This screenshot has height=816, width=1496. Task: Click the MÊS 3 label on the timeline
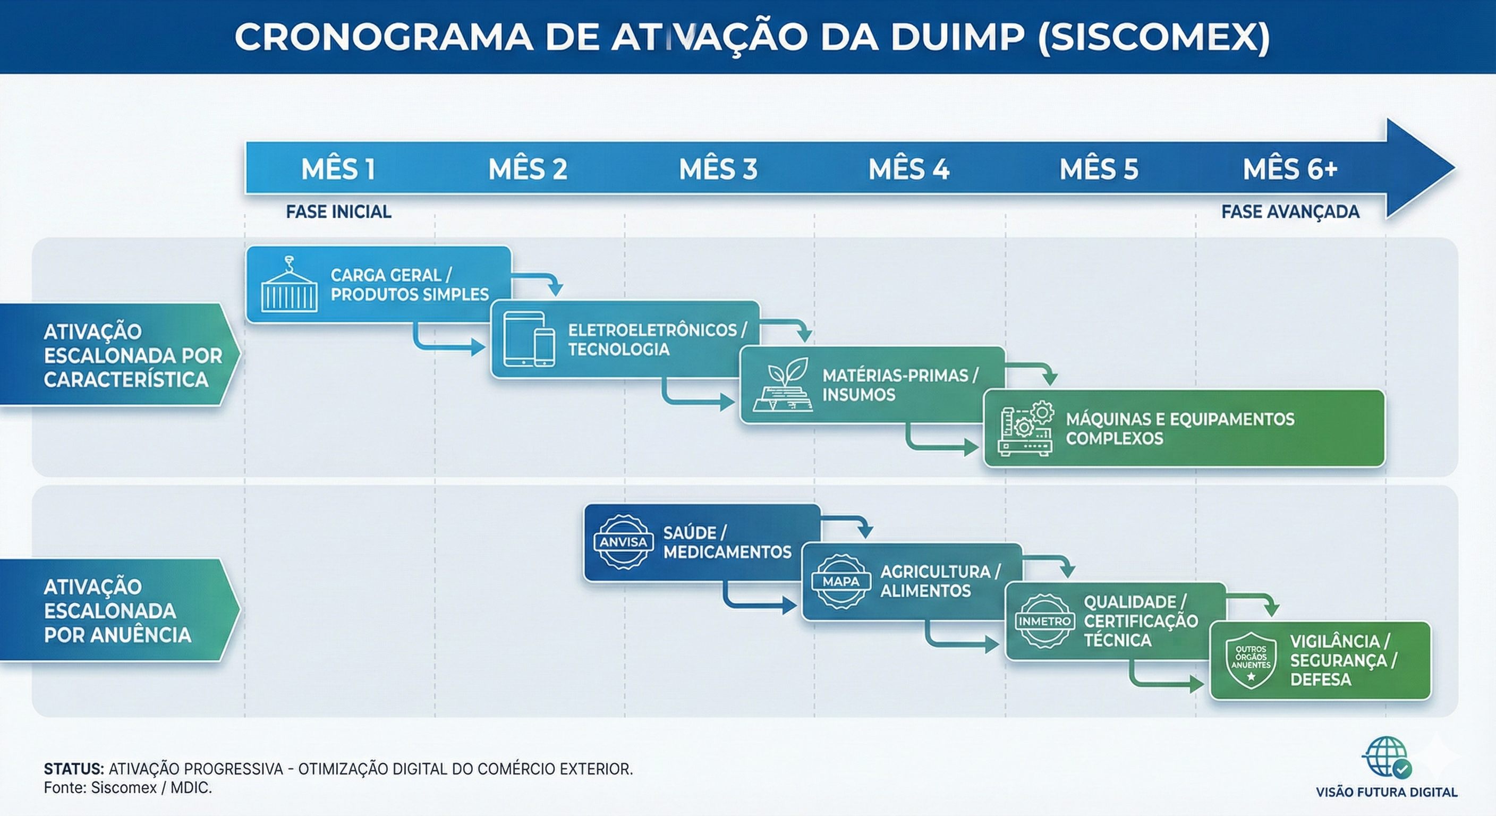(x=718, y=169)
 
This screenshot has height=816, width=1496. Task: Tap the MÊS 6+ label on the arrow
(x=1290, y=169)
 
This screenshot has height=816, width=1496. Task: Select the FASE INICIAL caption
(x=338, y=212)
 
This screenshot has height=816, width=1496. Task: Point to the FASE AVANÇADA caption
(x=1290, y=212)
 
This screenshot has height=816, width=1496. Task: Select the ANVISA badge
(x=623, y=542)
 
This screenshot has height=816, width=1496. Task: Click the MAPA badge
(x=840, y=581)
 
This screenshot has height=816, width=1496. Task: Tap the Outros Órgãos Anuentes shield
(x=1251, y=661)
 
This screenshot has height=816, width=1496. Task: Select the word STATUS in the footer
(x=74, y=769)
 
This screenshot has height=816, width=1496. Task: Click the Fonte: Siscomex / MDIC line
(x=127, y=788)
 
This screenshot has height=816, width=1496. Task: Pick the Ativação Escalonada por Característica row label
(x=132, y=355)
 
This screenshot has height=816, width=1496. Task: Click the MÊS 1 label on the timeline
(x=338, y=169)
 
